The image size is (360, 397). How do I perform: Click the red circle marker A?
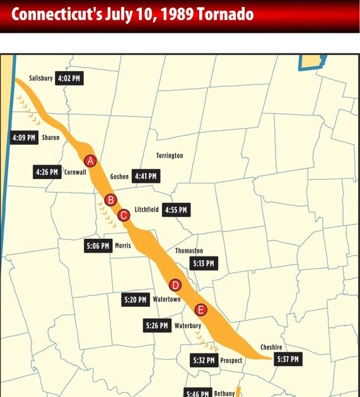coord(91,161)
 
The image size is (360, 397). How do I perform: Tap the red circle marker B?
coord(110,200)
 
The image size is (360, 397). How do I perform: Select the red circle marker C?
coord(124,216)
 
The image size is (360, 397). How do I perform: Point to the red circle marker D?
coord(175,284)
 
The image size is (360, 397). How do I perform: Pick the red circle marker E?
coord(200,309)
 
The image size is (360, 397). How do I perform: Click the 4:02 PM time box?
coord(69,79)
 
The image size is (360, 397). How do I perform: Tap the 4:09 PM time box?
coord(25,137)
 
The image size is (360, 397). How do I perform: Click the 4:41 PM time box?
coord(146,177)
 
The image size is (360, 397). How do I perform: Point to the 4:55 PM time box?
coord(175,210)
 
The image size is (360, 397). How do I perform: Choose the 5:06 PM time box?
coord(98,246)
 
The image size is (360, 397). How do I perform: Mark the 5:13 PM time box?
coord(204,263)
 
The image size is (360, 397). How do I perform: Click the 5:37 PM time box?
coord(287,359)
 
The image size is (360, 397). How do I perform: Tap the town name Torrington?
coord(170,155)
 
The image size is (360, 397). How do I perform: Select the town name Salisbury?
coord(41,79)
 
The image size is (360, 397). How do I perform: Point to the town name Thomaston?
coord(189,251)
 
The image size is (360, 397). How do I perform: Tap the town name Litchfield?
coord(146,210)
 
